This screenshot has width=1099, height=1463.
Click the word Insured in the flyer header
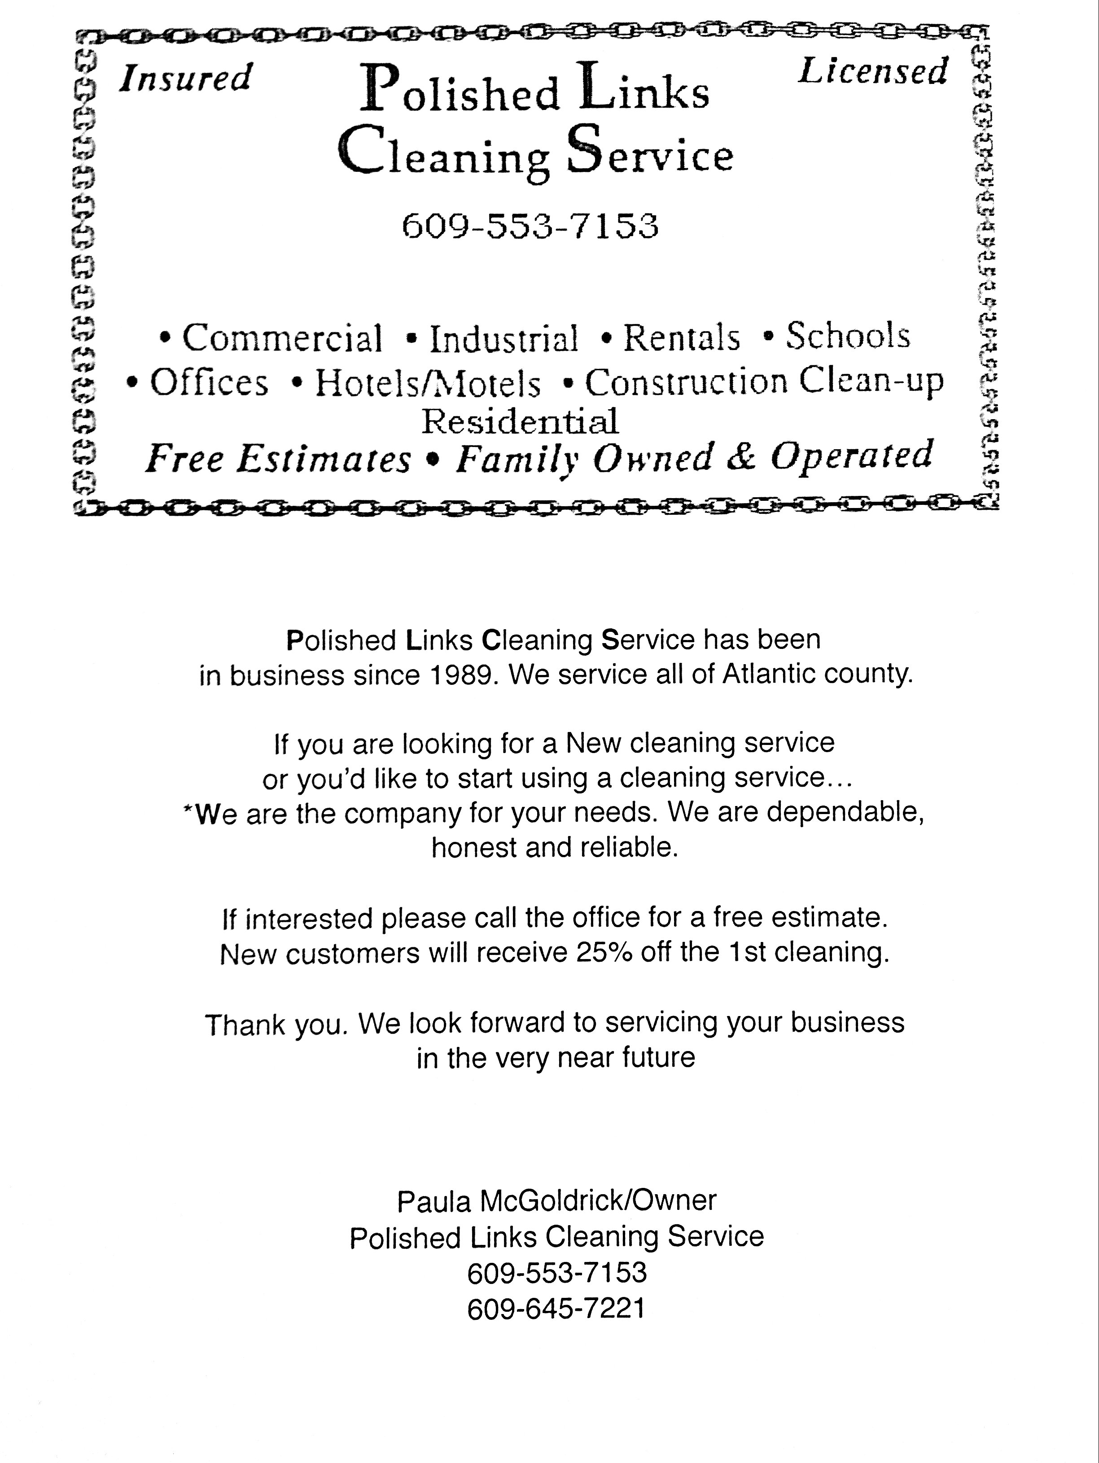tap(185, 78)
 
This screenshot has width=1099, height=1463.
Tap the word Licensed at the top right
tap(873, 71)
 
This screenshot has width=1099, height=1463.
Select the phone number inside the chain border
tap(530, 226)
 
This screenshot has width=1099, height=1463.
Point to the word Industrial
tap(504, 339)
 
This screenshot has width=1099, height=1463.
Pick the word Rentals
tap(681, 337)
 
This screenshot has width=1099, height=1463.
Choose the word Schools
tap(848, 336)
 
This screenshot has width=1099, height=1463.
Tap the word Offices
tap(209, 382)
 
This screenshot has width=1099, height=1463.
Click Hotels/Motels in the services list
tap(427, 383)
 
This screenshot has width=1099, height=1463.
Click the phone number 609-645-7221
tap(556, 1308)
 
